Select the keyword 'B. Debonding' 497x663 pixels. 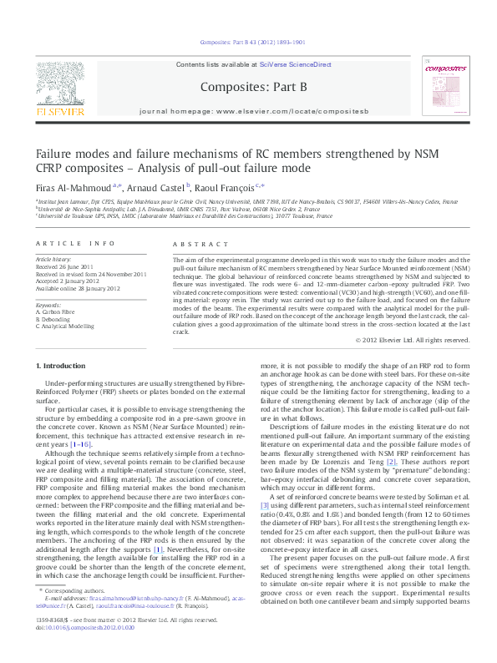point(55,319)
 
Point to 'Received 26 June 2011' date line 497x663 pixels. point(68,267)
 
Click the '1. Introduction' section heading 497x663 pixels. point(63,367)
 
